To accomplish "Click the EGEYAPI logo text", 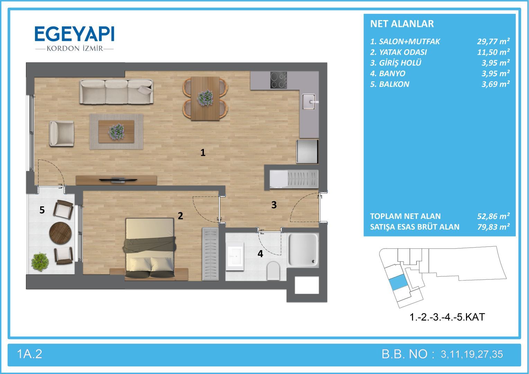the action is coord(74,34).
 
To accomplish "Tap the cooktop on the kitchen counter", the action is coord(279,80).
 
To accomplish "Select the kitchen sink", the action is coord(309,101).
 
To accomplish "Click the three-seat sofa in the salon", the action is coord(116,91).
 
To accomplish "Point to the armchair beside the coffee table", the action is coord(62,133).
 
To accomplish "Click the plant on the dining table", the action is coord(205,98).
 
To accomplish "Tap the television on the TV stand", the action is coord(118,180).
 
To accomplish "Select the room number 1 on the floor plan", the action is coord(203,153).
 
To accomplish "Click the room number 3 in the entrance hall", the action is coord(274,205).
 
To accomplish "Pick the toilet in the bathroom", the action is coord(273,270).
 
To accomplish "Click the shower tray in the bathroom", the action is coord(303,250).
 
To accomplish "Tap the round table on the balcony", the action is coord(61,233).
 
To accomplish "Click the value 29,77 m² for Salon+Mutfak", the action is coord(493,41).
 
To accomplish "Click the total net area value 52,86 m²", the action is coord(493,216).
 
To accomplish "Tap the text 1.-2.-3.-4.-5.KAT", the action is coord(447,317).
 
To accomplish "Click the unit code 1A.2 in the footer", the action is coord(29,354).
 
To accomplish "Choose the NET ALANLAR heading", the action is coord(402,24).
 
